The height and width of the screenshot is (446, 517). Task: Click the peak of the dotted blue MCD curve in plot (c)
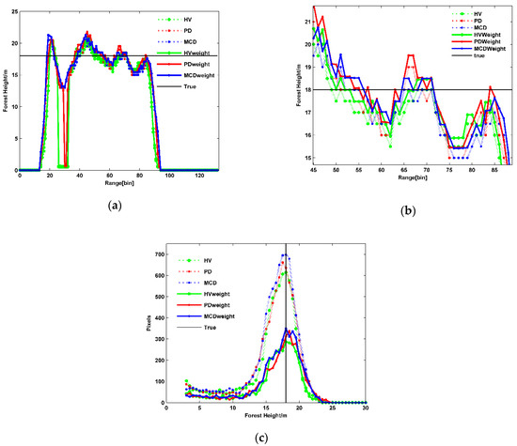tap(286, 282)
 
